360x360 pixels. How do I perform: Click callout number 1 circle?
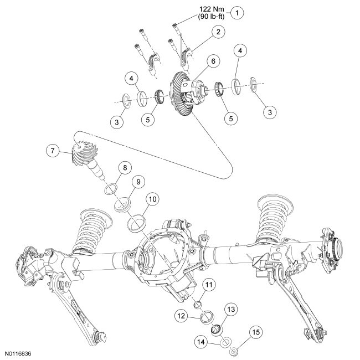[x=238, y=12]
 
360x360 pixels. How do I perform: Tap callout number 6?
[x=212, y=64]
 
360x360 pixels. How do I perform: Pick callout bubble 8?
[x=125, y=167]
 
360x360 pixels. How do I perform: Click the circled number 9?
[x=137, y=182]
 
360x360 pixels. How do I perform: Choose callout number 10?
[x=152, y=198]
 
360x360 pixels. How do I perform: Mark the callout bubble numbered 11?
[x=209, y=285]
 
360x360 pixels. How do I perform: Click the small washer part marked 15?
[x=234, y=350]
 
